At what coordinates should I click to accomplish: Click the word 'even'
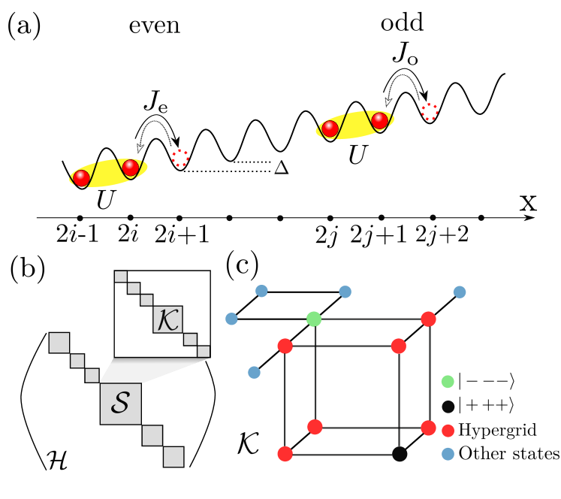(155, 26)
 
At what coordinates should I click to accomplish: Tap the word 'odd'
(403, 23)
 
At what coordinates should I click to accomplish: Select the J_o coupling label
(405, 53)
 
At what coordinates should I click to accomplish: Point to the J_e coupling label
(155, 101)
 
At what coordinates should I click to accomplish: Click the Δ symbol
(282, 167)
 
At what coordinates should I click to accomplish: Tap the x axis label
(529, 203)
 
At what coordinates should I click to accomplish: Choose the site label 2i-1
(77, 234)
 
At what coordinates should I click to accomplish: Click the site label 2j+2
(442, 234)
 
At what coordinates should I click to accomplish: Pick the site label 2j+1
(379, 234)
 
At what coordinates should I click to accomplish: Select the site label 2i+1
(181, 234)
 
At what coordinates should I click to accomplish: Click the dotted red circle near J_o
(430, 112)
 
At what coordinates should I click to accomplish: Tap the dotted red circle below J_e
(180, 158)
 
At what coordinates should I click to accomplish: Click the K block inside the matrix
(167, 319)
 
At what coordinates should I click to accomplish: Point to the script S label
(120, 402)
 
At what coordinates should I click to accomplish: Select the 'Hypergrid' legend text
(498, 431)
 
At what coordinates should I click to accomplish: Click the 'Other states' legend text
(508, 453)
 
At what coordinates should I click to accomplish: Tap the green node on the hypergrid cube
(314, 319)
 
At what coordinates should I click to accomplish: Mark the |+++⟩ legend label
(487, 405)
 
